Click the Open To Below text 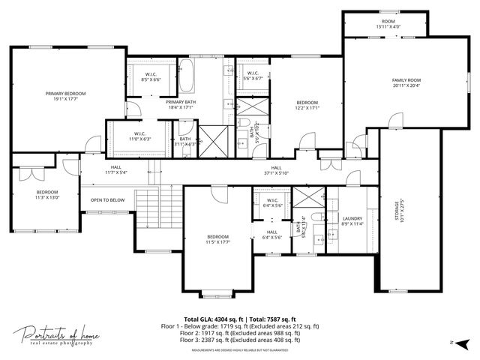[107, 200]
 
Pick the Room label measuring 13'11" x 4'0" [388, 25]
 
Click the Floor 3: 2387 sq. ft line [240, 340]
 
